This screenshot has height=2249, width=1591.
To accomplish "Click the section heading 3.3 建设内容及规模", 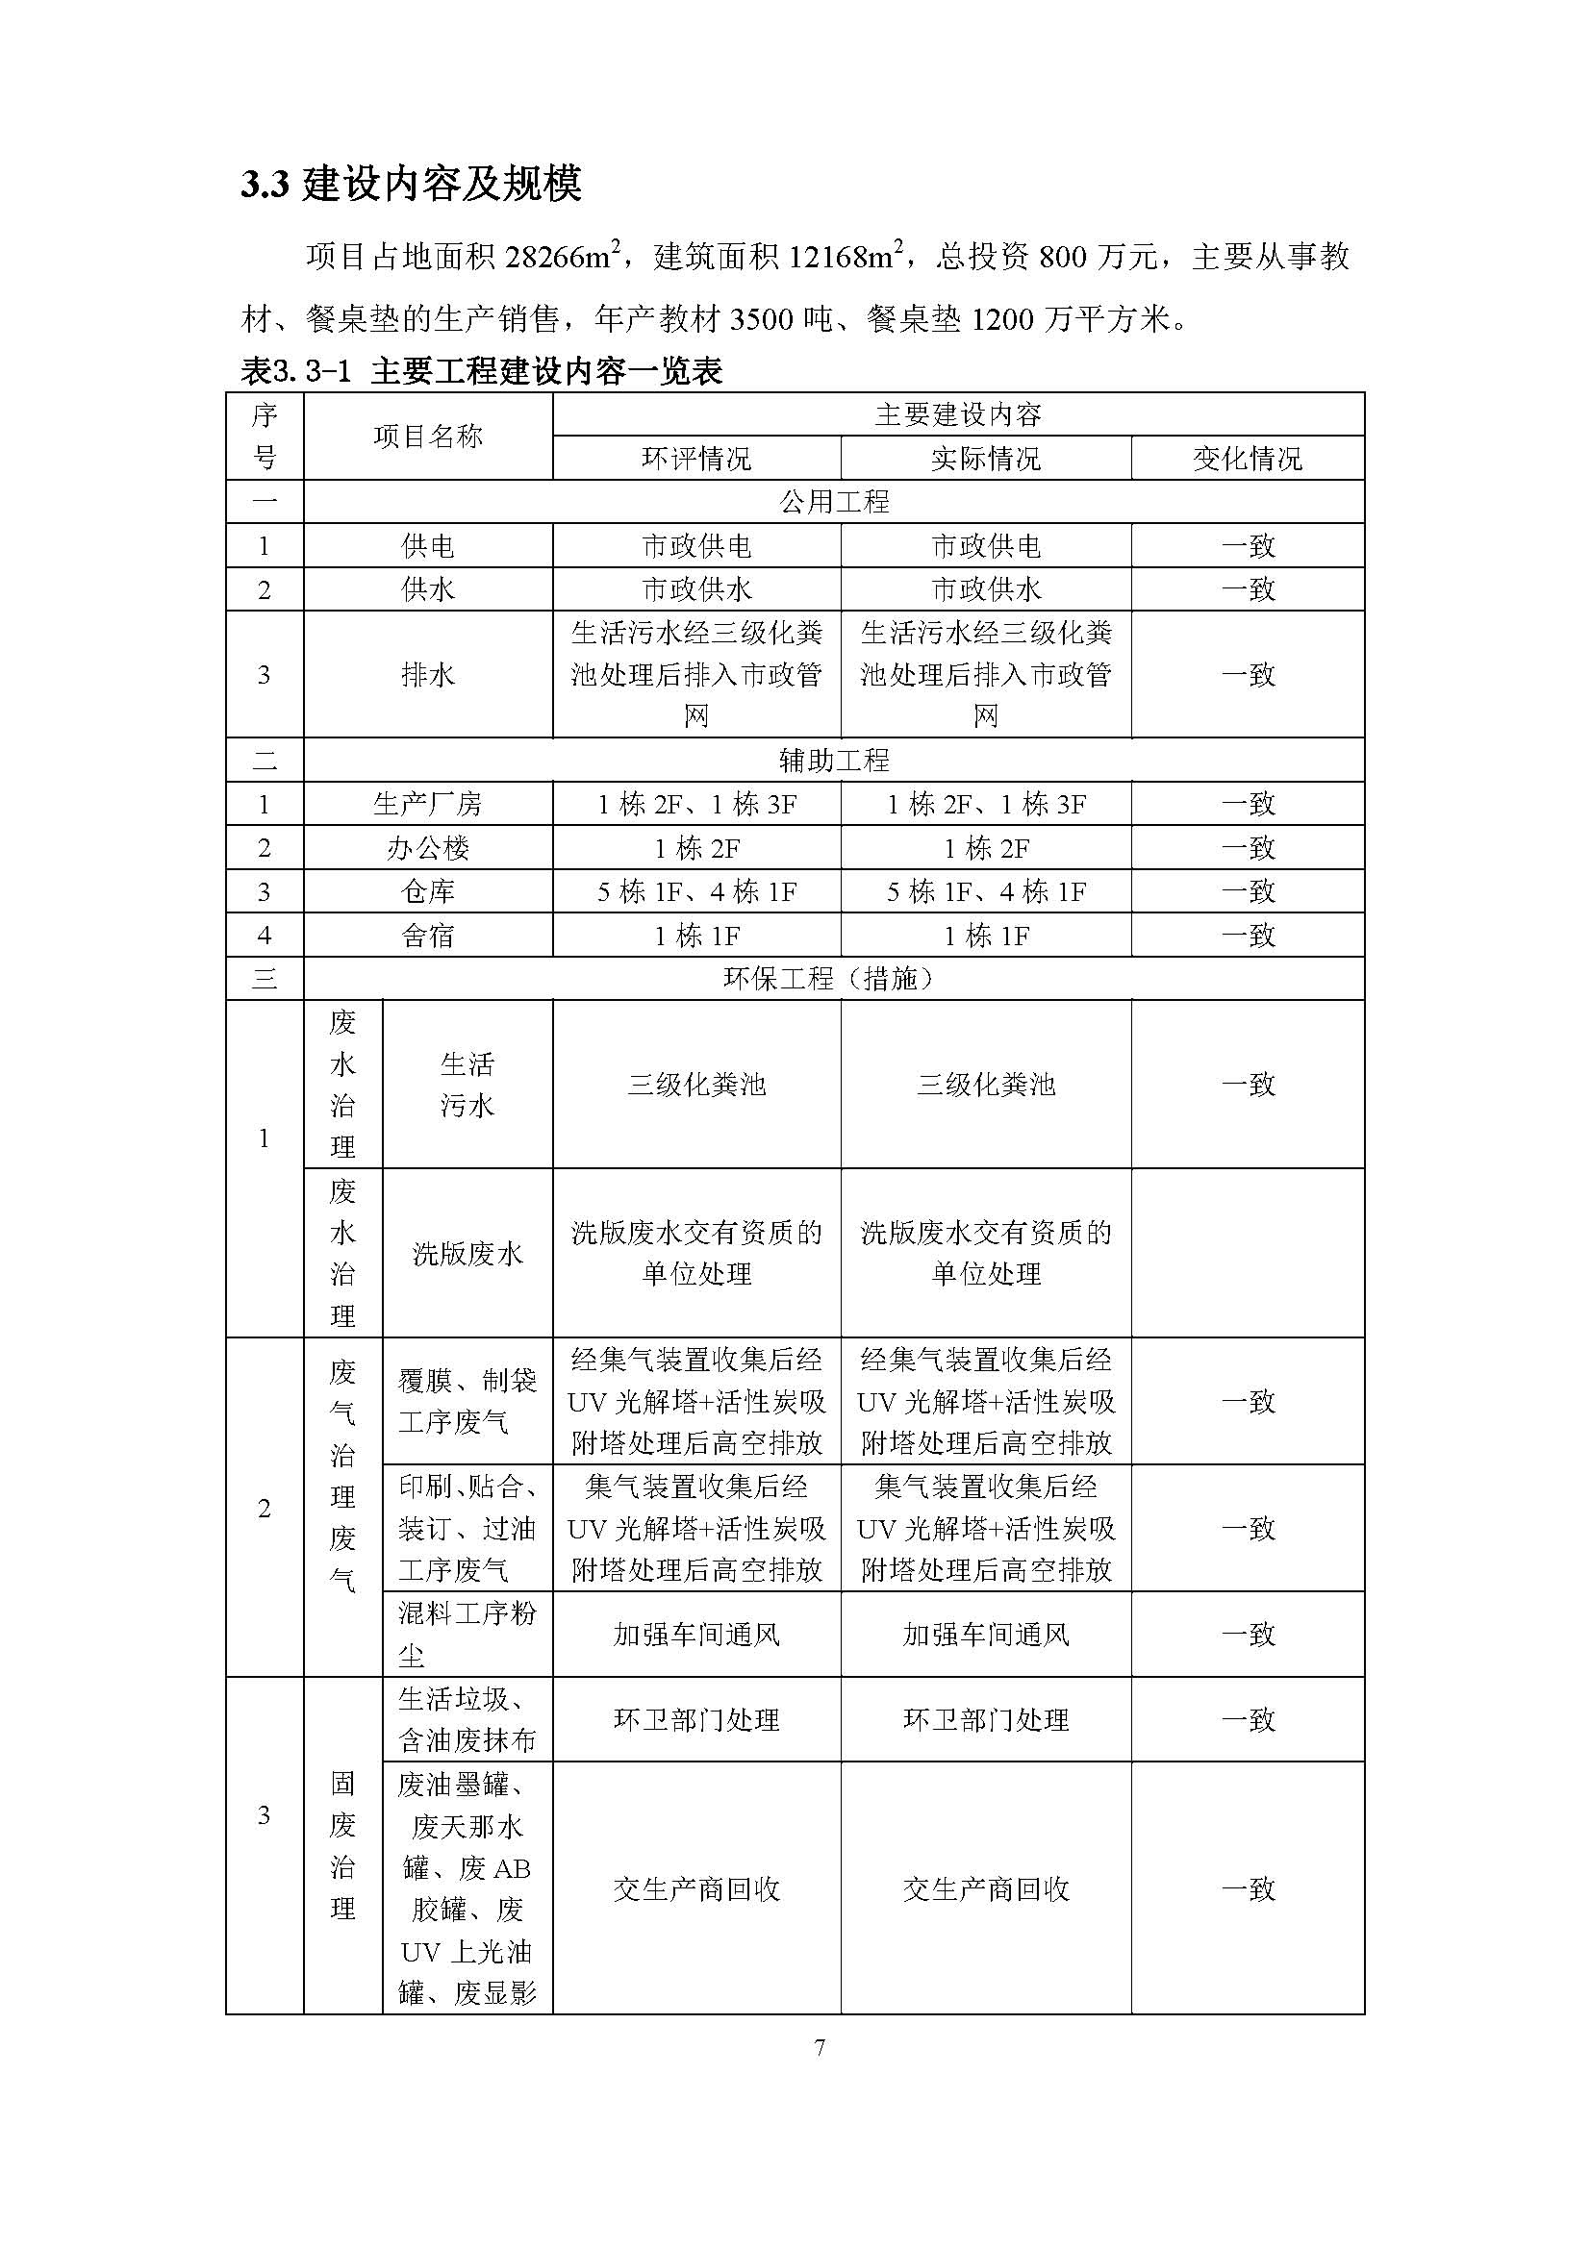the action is click(412, 184).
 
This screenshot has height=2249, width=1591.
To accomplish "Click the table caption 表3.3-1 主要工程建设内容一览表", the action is click(481, 371).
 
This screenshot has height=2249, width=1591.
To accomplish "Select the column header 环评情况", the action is click(695, 459).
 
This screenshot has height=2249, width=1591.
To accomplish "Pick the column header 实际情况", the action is click(985, 459).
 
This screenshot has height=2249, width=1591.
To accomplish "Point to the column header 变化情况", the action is click(1248, 459).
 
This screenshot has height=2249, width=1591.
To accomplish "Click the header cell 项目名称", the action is click(427, 437).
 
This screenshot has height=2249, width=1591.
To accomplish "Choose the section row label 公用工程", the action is click(834, 502).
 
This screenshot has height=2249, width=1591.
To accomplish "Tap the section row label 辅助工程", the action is click(834, 760).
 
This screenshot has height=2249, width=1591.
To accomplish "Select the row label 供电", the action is click(427, 545).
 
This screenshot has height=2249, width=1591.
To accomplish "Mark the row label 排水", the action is click(427, 674).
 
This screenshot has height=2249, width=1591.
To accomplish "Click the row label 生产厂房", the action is click(427, 804).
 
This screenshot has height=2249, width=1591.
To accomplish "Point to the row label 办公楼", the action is click(427, 847).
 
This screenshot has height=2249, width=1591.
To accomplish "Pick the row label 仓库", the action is click(427, 891).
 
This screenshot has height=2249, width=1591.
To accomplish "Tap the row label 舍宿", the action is click(427, 936).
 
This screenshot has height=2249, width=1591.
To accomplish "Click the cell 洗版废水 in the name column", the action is click(467, 1253).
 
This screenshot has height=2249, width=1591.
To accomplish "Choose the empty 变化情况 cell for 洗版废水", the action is click(1248, 1253).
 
